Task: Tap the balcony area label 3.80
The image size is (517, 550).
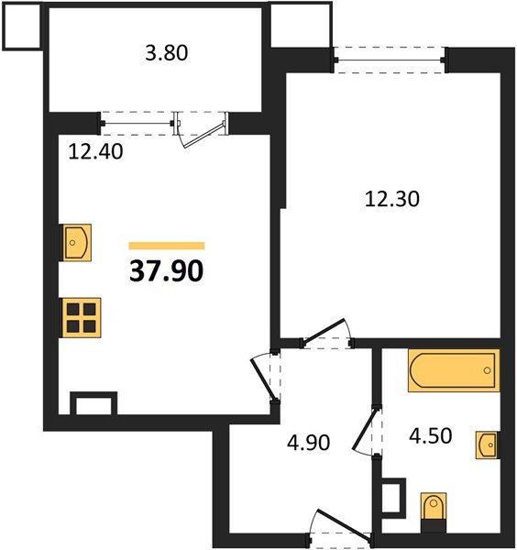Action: tap(168, 52)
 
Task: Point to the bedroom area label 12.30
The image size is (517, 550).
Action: tap(392, 198)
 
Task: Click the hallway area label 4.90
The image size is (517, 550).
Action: tap(305, 443)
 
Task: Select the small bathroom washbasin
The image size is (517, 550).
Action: tap(488, 445)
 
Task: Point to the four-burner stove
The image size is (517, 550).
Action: tap(82, 316)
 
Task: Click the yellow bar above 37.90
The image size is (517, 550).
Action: tap(166, 246)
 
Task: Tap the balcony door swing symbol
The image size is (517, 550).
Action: tap(203, 128)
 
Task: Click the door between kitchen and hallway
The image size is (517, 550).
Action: tap(266, 375)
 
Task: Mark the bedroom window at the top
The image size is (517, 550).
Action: tap(390, 62)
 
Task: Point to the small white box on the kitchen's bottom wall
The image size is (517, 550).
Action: tap(94, 403)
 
